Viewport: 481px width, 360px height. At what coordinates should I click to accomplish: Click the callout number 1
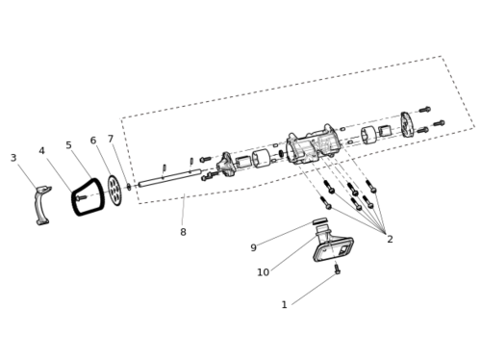(284, 304)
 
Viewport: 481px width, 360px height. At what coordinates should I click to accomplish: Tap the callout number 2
(390, 239)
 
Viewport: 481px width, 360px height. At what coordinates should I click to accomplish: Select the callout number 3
(13, 158)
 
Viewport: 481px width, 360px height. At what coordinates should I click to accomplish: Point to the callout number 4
(41, 151)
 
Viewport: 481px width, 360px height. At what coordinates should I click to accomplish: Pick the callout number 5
(68, 145)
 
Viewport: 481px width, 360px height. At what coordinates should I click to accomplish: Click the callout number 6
(93, 141)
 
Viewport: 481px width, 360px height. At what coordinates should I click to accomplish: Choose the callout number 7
(111, 139)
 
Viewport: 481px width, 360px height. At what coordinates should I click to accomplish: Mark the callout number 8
(183, 232)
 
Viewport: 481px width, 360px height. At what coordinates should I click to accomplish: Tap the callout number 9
(253, 247)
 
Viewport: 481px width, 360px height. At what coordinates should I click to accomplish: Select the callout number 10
(263, 272)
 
